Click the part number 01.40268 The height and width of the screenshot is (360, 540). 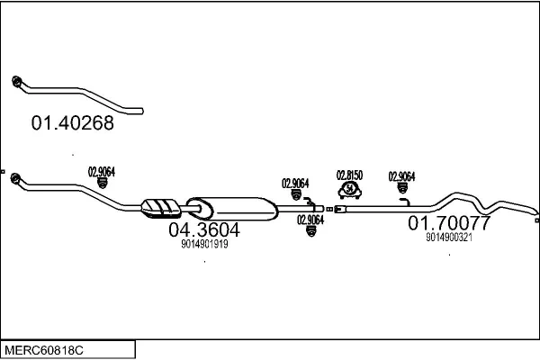pos(73,124)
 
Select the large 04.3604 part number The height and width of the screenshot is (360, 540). pos(204,229)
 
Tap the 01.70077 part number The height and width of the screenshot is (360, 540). pos(449,222)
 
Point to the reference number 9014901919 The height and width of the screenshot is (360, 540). pos(204,244)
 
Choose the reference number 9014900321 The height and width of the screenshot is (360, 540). pos(449,237)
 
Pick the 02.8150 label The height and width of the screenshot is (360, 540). pos(349,175)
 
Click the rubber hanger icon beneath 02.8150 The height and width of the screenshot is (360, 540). pos(348,190)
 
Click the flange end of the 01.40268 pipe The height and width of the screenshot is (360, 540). pos(17,83)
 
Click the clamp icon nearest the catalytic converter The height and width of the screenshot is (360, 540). pos(102,182)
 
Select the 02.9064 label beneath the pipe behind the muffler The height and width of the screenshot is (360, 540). pos(310,220)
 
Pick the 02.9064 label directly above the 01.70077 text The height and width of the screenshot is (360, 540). pos(401,176)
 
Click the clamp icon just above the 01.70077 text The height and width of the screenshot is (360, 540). pos(401,189)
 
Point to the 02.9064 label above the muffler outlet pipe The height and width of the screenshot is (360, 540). pos(295,183)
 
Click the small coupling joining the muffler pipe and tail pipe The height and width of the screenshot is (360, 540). pos(329,209)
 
